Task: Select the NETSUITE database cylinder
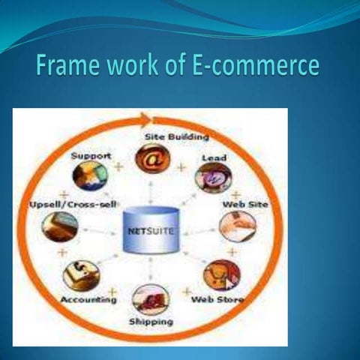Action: point(149,228)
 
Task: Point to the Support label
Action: point(91,155)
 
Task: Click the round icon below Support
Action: point(90,175)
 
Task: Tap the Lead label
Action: point(214,157)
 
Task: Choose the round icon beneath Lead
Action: point(213,178)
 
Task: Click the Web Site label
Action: point(247,204)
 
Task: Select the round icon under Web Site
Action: point(238,225)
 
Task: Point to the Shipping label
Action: point(151,322)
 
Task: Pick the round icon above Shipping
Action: point(150,298)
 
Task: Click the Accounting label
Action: point(89,299)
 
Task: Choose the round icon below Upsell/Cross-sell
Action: point(60,226)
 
